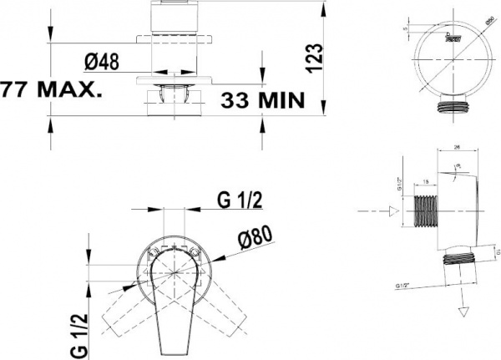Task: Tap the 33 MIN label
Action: point(261,100)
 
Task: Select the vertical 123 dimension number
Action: point(313,58)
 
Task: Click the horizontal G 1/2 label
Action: point(240,200)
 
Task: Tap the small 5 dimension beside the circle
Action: point(405,29)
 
